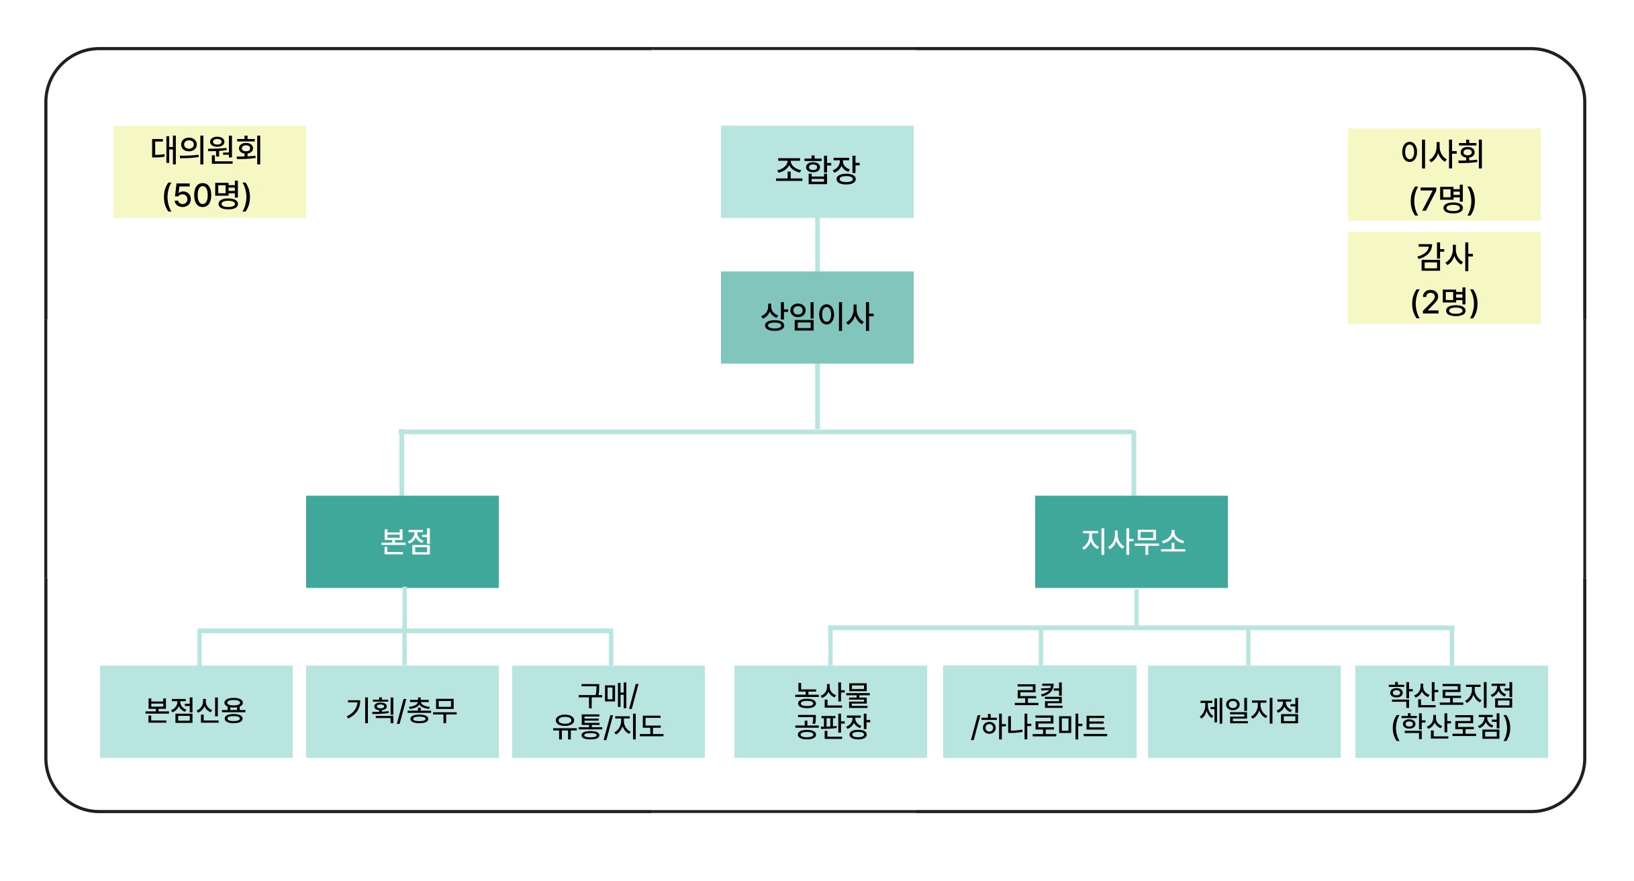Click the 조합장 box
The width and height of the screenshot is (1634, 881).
[816, 171]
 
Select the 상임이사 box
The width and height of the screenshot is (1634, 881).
[816, 317]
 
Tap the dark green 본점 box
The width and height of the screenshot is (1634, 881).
[402, 541]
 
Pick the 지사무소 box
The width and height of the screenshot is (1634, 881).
[1131, 541]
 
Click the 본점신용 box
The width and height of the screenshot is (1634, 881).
[196, 711]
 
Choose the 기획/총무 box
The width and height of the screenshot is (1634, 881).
[402, 711]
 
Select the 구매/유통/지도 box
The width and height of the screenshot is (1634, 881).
[608, 711]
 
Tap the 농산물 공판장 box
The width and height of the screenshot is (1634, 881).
[830, 711]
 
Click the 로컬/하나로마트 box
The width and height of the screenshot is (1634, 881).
[1039, 711]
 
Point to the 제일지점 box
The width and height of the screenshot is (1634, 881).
[1244, 711]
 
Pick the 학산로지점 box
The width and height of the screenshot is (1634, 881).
[1451, 711]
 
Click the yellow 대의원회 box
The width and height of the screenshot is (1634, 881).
[209, 171]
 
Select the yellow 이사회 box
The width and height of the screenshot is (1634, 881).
[1443, 174]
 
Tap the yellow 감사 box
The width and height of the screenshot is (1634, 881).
[1443, 277]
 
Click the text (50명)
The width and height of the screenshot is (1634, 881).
[207, 195]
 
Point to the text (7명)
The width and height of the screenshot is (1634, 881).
[1443, 199]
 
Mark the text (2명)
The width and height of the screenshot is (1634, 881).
[1444, 302]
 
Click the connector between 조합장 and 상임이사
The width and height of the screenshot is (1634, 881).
[816, 244]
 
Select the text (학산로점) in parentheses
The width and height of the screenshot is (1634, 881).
[1451, 727]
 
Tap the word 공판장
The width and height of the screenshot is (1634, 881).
[832, 727]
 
